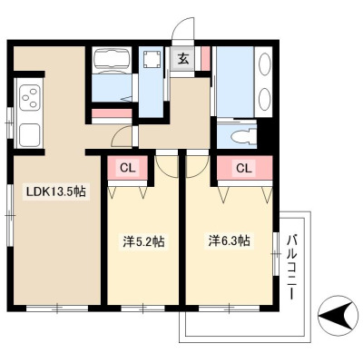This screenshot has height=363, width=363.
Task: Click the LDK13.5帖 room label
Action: [56, 191]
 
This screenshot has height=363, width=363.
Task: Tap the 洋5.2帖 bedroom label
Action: [143, 241]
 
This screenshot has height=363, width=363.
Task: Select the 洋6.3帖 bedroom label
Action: [230, 240]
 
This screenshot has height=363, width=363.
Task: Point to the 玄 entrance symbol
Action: [182, 58]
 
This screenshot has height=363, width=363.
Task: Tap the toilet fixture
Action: [243, 136]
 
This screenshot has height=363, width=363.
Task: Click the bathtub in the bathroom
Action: [112, 58]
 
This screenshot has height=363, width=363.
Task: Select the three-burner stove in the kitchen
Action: [30, 97]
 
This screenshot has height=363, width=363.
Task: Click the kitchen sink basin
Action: [30, 135]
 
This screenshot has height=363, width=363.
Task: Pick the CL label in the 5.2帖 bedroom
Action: [128, 168]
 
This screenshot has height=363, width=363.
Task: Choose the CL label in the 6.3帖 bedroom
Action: [244, 168]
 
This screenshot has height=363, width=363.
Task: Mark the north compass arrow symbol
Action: [336, 317]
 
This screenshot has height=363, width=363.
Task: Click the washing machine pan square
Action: [152, 60]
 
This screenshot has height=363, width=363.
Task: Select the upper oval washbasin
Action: [265, 63]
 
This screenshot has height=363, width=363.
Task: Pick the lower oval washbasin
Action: [265, 98]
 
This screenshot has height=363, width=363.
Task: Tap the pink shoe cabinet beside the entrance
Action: [205, 59]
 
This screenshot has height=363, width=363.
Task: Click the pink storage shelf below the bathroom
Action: [112, 113]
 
